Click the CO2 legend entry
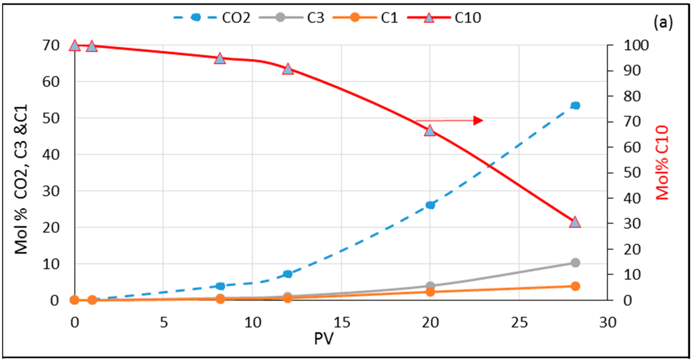(212, 18)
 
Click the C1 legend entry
(365, 18)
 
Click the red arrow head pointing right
(478, 121)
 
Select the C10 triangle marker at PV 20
(430, 131)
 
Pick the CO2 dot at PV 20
(430, 205)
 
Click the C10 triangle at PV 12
(288, 69)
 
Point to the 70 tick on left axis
(51, 46)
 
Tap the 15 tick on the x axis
(342, 322)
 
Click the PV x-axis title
(324, 339)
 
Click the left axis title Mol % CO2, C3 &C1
(21, 179)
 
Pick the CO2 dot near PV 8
(221, 286)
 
